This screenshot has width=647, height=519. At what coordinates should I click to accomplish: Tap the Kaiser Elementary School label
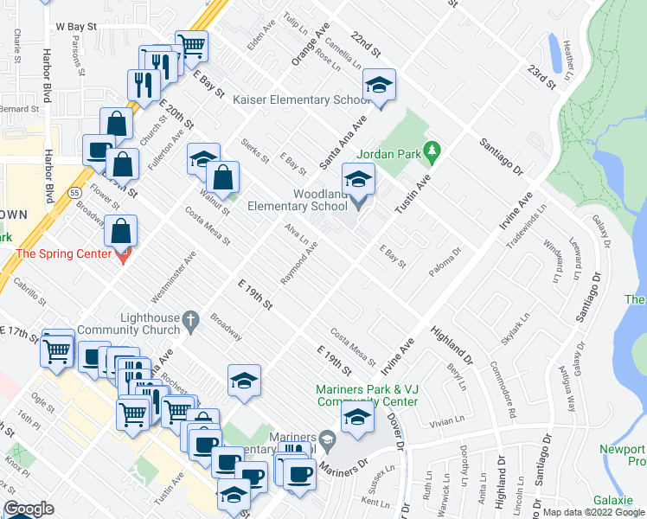tap(302, 100)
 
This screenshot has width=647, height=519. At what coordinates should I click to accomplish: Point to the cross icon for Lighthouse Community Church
tap(194, 320)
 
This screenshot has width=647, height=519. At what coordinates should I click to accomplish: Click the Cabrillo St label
tap(29, 292)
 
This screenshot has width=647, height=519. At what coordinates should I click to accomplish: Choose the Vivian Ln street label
tap(446, 424)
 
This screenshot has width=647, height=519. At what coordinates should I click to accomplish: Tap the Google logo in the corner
tap(29, 509)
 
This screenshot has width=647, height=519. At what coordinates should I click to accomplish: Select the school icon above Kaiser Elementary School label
tap(378, 85)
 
